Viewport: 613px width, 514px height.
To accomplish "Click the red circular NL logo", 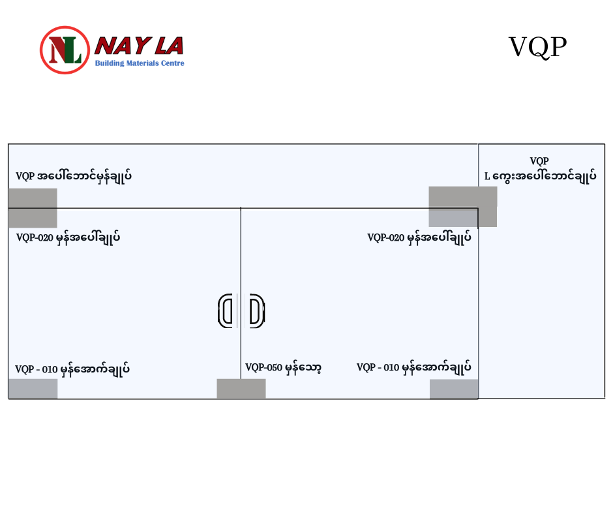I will tap(65, 50).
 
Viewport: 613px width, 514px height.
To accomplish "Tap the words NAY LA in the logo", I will tap(140, 46).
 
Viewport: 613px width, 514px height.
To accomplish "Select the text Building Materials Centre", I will tap(140, 63).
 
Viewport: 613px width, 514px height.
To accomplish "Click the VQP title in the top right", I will tap(537, 47).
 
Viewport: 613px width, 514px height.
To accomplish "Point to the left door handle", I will tap(226, 310).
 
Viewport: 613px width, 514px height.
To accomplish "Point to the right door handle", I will tap(256, 310).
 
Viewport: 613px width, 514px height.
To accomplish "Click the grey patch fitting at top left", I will tap(33, 207).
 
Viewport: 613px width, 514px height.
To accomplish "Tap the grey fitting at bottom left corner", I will tap(33, 389).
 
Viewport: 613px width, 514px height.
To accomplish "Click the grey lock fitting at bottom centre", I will tap(241, 389).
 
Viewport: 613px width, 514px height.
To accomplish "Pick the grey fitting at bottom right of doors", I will tap(454, 389).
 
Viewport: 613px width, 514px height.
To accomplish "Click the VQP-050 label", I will tap(283, 368).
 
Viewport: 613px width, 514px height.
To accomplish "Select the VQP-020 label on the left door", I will tap(68, 237).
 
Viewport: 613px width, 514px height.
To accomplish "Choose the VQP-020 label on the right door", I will tap(419, 237).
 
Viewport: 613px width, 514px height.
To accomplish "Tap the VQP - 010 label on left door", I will tap(72, 369).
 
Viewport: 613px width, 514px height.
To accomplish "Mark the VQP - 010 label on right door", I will tap(413, 368).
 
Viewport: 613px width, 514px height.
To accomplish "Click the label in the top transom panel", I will tap(74, 176).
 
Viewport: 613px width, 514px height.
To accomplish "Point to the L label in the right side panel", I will tap(540, 176).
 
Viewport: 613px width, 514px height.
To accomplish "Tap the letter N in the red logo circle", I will tap(57, 48).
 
